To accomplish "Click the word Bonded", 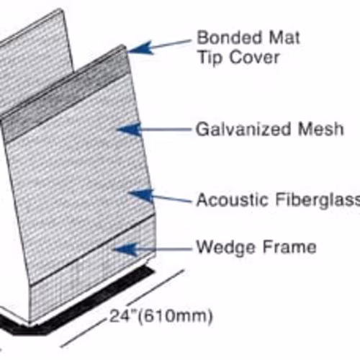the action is tap(229, 37).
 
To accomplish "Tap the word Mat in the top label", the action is tap(284, 37).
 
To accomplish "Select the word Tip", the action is tap(210, 58).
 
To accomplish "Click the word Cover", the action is tap(255, 58).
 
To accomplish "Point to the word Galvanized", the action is tap(243, 129).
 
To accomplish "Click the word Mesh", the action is tap(320, 129).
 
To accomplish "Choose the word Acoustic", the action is tap(232, 199).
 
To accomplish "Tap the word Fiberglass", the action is tap(318, 199).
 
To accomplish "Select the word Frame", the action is tap(289, 247).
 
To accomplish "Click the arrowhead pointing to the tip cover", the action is tap(140, 48).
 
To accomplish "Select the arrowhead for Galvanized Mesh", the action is tap(129, 130).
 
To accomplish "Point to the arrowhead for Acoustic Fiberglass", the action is tap(141, 195).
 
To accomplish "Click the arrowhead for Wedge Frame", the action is tap(125, 249).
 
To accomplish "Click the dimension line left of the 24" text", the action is tap(84, 333).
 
